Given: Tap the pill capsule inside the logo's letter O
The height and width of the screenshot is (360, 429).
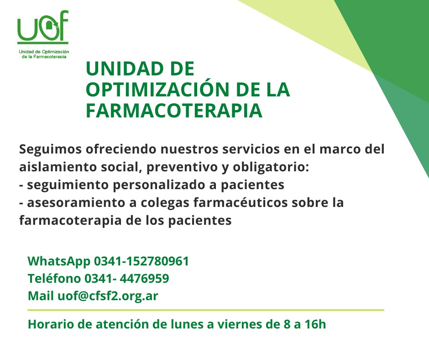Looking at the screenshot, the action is (x=50, y=28).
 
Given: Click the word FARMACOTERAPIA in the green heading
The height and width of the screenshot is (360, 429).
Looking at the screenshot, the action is (x=174, y=111).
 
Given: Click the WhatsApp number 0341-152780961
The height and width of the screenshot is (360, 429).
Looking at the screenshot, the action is (x=141, y=261).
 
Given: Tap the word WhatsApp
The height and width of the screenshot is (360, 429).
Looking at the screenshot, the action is (x=59, y=262).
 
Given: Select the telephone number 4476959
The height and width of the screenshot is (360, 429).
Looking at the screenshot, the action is (x=145, y=279).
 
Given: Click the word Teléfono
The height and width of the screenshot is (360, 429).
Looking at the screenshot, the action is (x=54, y=278).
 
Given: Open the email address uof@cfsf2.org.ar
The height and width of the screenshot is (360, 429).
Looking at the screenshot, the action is (x=108, y=296).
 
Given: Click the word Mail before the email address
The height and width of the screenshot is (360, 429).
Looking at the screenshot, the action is (x=41, y=296).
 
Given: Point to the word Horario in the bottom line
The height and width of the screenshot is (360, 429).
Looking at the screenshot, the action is (x=51, y=324).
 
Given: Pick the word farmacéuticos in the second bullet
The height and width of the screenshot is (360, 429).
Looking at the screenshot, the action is (x=241, y=203).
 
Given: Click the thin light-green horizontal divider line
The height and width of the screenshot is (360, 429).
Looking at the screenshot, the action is (x=206, y=310).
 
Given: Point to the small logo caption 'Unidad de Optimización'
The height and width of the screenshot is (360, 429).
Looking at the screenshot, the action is (x=44, y=52).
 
